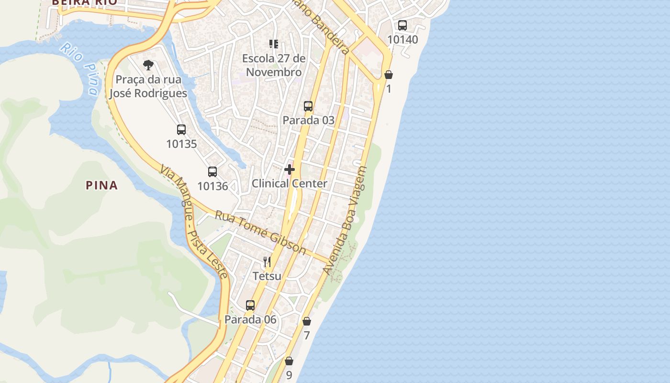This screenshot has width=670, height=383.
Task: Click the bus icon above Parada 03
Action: tap(308, 106)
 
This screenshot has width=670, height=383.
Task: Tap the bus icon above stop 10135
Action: tap(181, 130)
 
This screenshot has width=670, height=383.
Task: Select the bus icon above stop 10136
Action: tap(212, 172)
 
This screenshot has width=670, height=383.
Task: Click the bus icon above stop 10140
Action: tap(402, 25)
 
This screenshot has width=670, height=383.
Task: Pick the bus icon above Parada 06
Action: tap(250, 305)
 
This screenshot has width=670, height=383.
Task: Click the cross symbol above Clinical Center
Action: tap(290, 169)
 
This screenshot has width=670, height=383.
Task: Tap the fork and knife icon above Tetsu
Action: tap(267, 262)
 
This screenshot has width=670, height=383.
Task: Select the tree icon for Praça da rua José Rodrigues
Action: tap(148, 65)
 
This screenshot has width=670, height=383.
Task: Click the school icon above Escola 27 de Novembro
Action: tap(274, 45)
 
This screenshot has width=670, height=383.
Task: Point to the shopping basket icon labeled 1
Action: tap(389, 75)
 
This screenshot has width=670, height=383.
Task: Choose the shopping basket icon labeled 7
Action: tap(307, 321)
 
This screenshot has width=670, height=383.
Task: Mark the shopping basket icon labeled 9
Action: tap(289, 361)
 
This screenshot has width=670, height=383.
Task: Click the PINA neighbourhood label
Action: tap(101, 185)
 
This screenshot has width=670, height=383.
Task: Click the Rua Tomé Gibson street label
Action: tap(260, 232)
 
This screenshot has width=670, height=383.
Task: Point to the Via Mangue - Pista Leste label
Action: tap(193, 221)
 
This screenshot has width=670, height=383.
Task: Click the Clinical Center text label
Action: tap(290, 183)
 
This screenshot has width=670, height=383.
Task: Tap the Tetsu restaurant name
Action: tap(267, 276)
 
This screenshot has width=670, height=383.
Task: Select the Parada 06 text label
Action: tap(250, 319)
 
